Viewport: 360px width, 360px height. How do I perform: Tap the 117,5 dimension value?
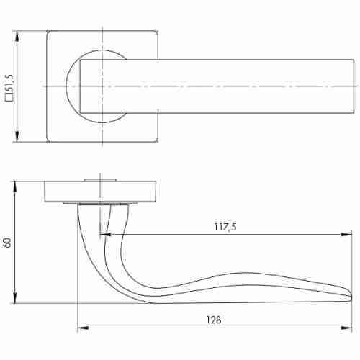point(225,227)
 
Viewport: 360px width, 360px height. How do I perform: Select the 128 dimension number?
point(214,320)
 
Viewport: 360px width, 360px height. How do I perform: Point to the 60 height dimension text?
point(7,243)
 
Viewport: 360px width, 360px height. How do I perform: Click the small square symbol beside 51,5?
point(9,99)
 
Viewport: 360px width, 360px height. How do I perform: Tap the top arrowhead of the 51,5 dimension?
point(17,37)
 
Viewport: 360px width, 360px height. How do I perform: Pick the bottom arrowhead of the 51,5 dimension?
point(17,136)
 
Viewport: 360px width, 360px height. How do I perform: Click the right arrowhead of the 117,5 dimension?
point(346,235)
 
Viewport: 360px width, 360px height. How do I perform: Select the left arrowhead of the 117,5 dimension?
point(105,235)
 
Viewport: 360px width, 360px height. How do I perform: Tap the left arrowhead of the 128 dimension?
point(83,328)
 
